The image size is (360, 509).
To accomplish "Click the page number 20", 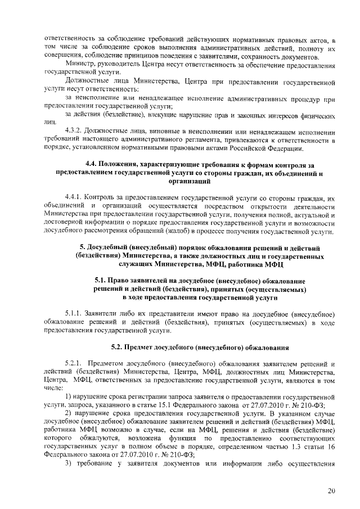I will click(x=331, y=491).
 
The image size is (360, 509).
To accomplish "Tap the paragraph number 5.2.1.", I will click(x=74, y=363).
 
